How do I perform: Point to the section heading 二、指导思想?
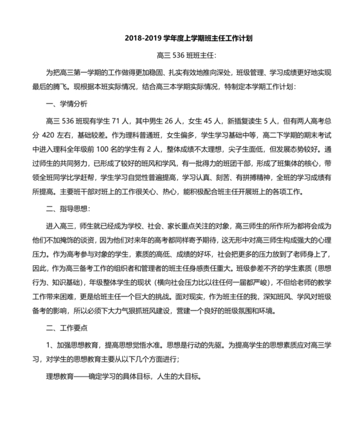pyautogui.click(x=67, y=207)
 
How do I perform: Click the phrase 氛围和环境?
pyautogui.click(x=258, y=313)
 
